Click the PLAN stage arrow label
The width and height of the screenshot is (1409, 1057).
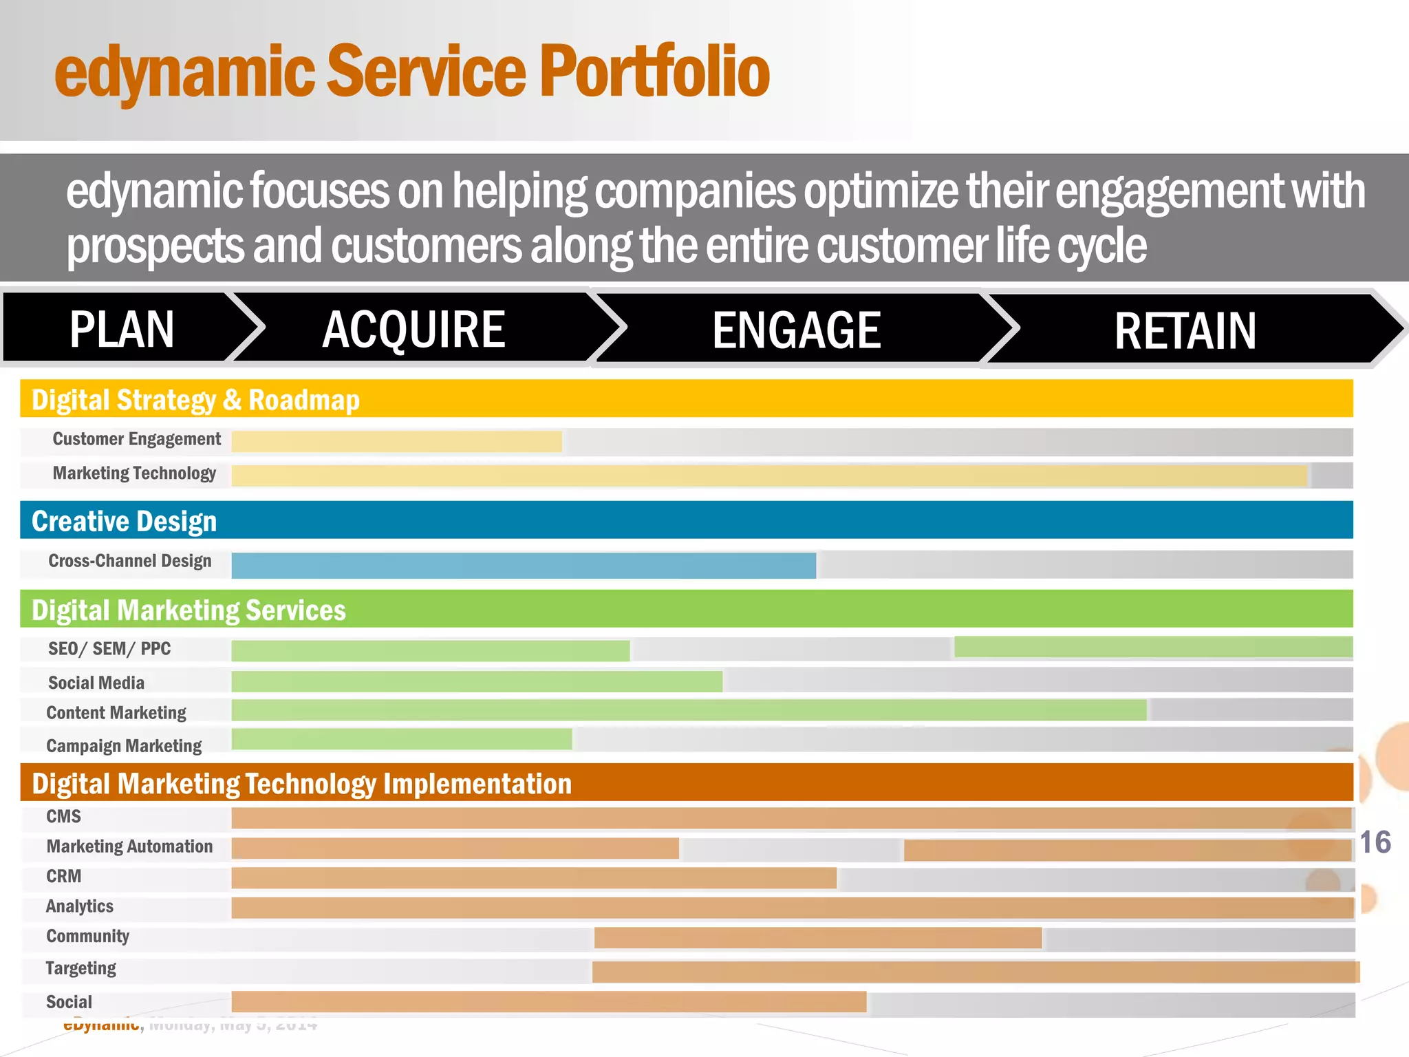click(122, 329)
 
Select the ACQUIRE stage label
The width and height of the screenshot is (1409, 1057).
click(413, 329)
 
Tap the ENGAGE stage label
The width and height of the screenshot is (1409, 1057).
click(796, 330)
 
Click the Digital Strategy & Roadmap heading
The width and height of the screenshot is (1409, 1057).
click(195, 400)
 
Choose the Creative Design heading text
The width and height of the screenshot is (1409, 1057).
click(124, 521)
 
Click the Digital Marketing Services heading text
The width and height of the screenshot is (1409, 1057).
click(189, 610)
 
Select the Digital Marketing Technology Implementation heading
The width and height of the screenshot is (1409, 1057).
click(301, 783)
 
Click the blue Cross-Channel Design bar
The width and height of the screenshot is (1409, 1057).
click(523, 565)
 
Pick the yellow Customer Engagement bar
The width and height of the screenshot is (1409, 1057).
click(396, 441)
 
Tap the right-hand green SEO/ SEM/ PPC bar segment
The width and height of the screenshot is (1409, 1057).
click(1153, 646)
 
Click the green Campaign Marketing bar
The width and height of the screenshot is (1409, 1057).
click(401, 739)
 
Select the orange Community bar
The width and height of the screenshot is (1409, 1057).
click(817, 937)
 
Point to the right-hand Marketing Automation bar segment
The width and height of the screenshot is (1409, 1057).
click(1127, 850)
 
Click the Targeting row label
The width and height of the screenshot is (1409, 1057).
click(80, 968)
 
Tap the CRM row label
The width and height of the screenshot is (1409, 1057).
click(63, 876)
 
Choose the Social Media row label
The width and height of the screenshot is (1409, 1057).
click(96, 683)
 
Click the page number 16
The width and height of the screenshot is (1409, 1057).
click(1375, 842)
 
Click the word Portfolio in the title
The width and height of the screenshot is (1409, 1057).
click(654, 71)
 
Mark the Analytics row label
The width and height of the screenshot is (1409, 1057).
click(79, 906)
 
